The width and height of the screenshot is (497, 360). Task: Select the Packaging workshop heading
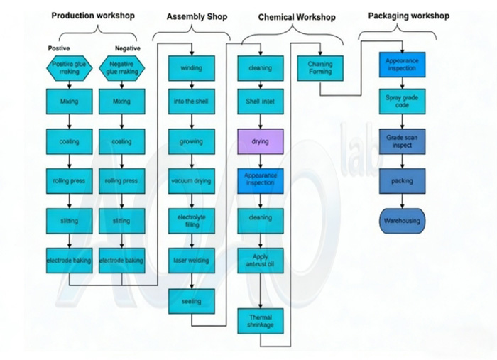(x=408, y=16)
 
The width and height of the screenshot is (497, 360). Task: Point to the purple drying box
(x=260, y=141)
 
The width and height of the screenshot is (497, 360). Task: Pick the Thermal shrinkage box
(x=260, y=321)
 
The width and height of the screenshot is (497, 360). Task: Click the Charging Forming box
(x=320, y=68)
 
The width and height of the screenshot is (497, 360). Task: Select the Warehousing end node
(x=402, y=221)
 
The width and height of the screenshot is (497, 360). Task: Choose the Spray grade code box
(x=402, y=102)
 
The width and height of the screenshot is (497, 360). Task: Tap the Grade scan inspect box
(x=402, y=141)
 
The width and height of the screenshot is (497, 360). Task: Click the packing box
(x=402, y=181)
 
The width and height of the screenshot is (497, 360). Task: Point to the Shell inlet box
(x=260, y=102)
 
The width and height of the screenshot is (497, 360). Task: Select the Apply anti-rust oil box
(x=260, y=261)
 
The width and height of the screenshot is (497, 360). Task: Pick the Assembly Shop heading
(x=197, y=16)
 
